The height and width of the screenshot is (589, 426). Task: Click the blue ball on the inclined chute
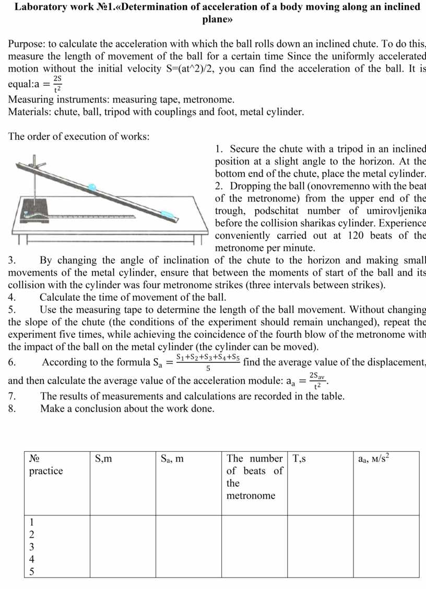[92, 185]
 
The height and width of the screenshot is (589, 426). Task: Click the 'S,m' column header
[103, 459]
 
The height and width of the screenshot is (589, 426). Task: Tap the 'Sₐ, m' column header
[172, 459]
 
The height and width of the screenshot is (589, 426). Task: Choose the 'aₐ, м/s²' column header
[374, 459]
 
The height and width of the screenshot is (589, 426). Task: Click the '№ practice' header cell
[46, 465]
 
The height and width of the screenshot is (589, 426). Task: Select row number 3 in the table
[32, 547]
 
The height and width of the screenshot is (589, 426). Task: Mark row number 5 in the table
[32, 571]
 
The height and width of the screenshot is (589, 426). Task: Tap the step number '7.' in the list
[13, 396]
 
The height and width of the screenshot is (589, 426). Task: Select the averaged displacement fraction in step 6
[207, 362]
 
